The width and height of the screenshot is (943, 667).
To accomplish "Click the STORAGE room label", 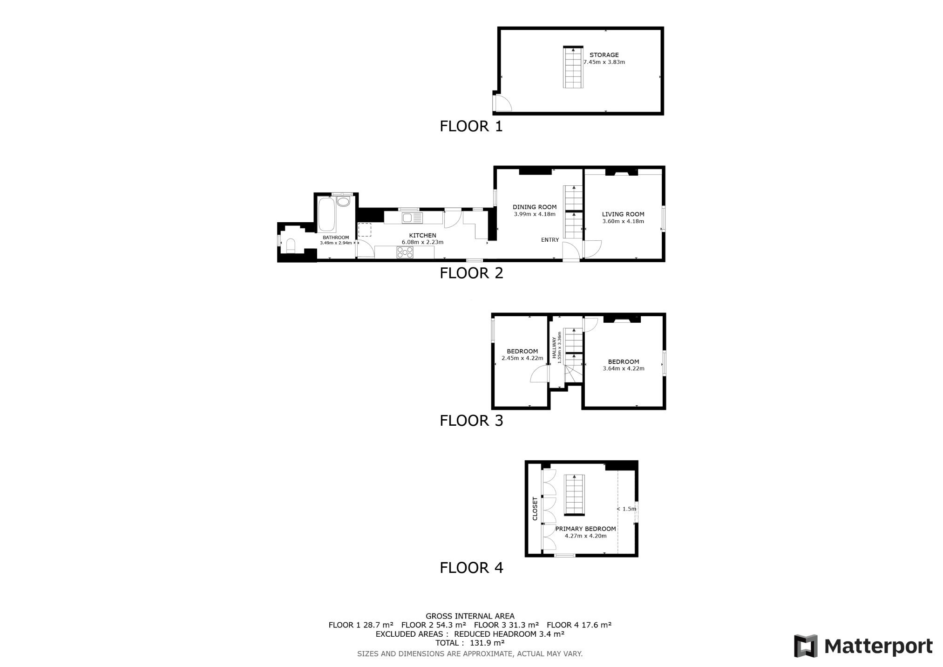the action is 604,55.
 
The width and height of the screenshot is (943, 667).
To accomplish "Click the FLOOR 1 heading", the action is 471,126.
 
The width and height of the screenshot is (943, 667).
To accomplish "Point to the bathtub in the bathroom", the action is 326,214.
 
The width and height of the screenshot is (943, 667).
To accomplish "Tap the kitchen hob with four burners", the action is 405,252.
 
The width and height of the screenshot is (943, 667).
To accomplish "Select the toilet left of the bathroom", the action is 290,245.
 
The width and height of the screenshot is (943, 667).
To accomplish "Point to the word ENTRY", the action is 550,240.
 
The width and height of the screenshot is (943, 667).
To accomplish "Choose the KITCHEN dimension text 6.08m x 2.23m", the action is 422,242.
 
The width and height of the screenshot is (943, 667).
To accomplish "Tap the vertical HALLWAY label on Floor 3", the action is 554,347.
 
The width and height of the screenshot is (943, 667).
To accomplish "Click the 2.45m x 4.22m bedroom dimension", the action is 522,358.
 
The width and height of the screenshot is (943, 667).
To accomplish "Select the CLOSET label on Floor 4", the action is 535,509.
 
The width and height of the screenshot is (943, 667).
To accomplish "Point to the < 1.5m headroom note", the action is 626,509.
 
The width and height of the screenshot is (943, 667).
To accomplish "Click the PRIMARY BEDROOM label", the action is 585,529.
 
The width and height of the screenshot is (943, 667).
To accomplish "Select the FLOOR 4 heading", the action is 471,568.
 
